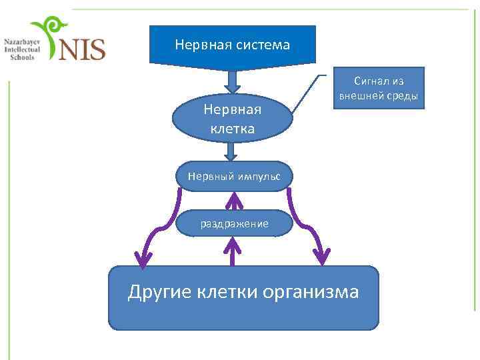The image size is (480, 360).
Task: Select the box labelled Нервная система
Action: (232, 45)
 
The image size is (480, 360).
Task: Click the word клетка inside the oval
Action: (233, 128)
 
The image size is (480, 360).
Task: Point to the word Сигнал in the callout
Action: (370, 81)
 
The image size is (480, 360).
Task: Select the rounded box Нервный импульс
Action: (233, 176)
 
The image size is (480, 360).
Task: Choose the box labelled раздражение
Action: (234, 223)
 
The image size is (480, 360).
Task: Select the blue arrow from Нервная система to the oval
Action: (232, 80)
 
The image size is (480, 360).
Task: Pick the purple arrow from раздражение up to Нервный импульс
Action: (233, 201)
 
